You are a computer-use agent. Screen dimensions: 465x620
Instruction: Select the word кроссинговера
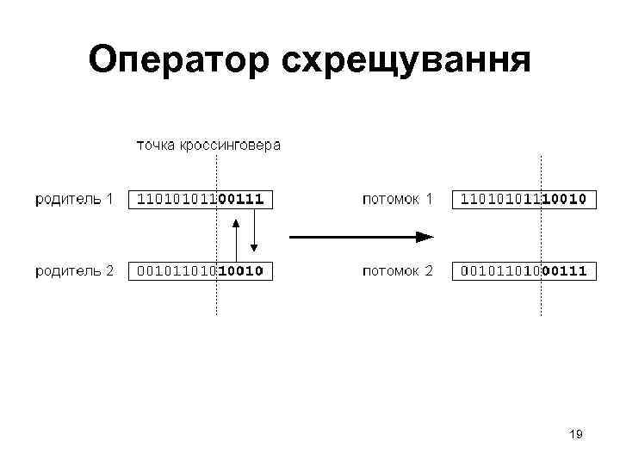point(230,145)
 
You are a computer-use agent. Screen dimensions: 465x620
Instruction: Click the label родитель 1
point(74,199)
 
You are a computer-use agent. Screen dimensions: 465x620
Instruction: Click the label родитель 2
point(74,270)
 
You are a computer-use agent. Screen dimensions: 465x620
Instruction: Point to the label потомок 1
point(397,199)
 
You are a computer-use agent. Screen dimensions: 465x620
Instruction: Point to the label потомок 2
point(397,270)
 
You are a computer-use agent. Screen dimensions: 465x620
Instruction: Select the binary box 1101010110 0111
point(198,199)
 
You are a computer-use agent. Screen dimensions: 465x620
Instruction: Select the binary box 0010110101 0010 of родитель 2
point(198,270)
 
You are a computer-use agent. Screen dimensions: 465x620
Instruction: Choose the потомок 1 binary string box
point(524,199)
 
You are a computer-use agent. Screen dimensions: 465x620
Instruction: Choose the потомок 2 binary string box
point(524,270)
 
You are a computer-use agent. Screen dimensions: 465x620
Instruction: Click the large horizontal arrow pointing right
point(361,235)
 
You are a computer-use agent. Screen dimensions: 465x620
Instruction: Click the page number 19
point(576,435)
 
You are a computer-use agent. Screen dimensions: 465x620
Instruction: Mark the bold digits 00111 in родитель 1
point(240,199)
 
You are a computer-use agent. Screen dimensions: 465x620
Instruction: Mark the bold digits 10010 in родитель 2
point(240,270)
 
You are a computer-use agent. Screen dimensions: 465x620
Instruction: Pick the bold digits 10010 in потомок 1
point(564,199)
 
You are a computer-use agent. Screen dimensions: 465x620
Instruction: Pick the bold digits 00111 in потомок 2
point(564,270)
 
